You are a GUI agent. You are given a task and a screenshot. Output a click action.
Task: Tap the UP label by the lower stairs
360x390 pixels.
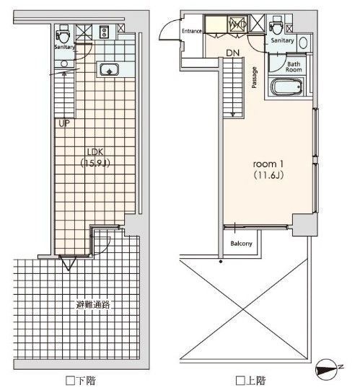pos(64,123)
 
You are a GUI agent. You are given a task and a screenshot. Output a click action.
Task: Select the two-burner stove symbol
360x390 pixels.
pos(104,32)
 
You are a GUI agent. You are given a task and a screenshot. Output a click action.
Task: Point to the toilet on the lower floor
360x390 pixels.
pos(64,32)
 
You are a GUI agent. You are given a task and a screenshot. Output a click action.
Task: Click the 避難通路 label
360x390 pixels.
pos(92,305)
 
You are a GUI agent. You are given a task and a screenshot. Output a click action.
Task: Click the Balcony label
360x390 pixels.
pos(241,244)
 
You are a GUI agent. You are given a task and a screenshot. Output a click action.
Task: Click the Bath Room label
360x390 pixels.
pos(294,67)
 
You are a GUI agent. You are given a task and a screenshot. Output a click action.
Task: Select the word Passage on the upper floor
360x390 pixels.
pos(255,77)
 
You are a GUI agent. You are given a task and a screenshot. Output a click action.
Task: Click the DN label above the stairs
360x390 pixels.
pos(232,53)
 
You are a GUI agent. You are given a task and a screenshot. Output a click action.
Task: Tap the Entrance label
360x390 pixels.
pos(191,31)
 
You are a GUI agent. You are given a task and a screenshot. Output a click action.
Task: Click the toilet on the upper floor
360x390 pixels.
pos(276,26)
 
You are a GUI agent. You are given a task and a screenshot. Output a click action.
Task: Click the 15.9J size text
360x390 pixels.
pos(95,164)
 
